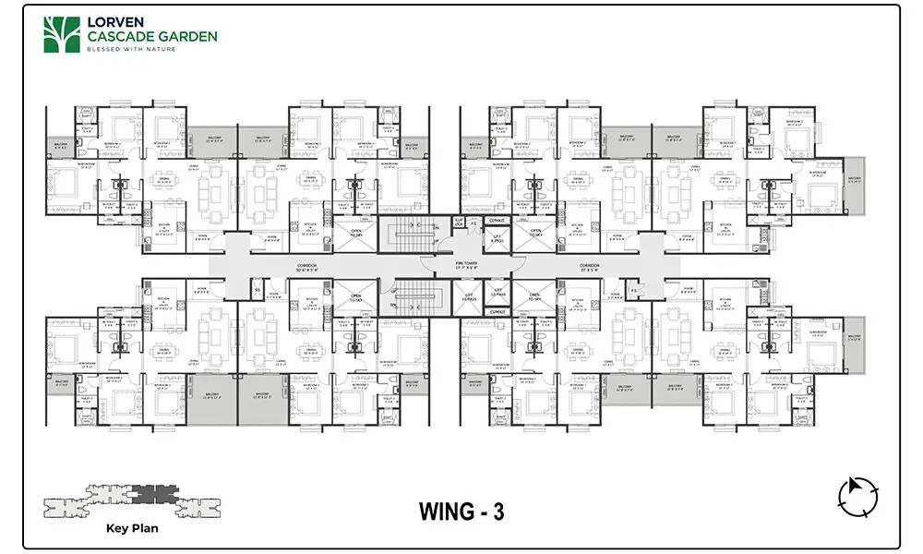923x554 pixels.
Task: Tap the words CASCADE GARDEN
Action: [x=151, y=36]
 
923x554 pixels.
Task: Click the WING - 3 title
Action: [x=461, y=513]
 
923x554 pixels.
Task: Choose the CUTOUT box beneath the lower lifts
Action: [x=497, y=312]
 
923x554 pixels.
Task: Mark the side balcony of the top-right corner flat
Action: [x=854, y=180]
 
